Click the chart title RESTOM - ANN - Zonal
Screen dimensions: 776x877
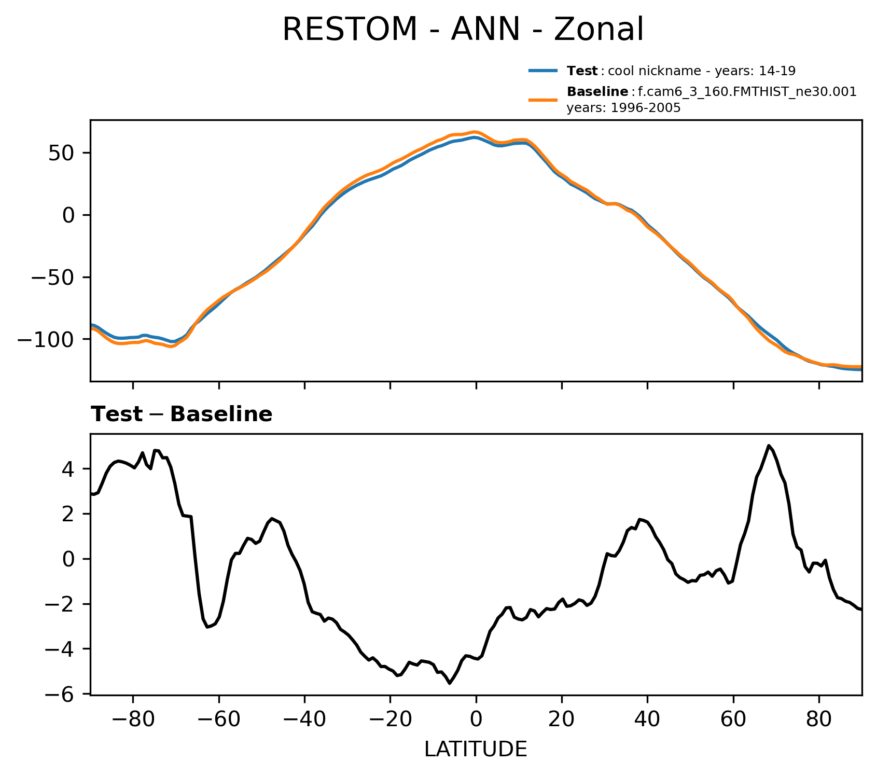pos(463,30)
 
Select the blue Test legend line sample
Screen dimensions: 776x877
pos(543,71)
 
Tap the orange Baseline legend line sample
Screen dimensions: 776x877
pos(543,100)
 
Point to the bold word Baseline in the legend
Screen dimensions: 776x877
pos(597,92)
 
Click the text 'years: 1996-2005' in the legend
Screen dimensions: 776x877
pos(623,108)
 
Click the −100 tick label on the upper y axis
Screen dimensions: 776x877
pos(47,339)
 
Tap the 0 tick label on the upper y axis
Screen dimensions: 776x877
pos(69,215)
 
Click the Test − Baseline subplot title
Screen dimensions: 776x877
pos(182,414)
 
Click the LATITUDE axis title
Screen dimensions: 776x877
pos(476,750)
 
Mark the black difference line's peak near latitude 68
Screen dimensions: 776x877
pos(769,446)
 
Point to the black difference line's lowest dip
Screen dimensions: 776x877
pos(450,683)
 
